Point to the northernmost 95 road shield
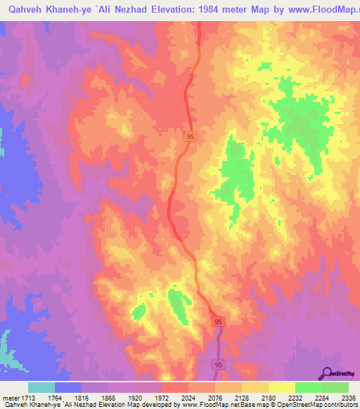point(191,138)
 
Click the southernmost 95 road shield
point(218,365)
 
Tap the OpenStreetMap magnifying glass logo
point(326,372)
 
